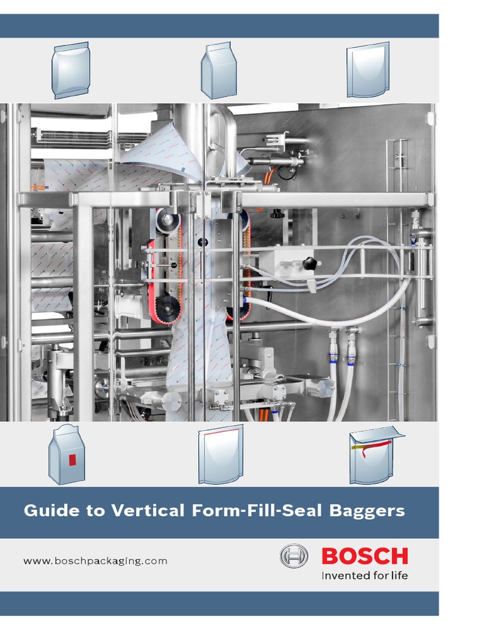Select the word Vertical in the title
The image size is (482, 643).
pos(147,511)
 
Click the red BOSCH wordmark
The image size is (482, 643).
pos(365,556)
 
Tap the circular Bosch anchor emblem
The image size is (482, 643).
pos(294,556)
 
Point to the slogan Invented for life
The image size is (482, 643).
pos(365,575)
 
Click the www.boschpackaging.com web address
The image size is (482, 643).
pos(95,561)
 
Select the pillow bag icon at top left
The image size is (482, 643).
pos(71,70)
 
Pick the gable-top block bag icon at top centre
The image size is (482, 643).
pos(218,70)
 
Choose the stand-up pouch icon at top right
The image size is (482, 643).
pos(368,70)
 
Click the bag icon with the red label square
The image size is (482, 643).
pos(67,455)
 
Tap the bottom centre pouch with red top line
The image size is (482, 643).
pos(220,455)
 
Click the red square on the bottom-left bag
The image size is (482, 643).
pos(73,460)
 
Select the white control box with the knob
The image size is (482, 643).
pos(286,263)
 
